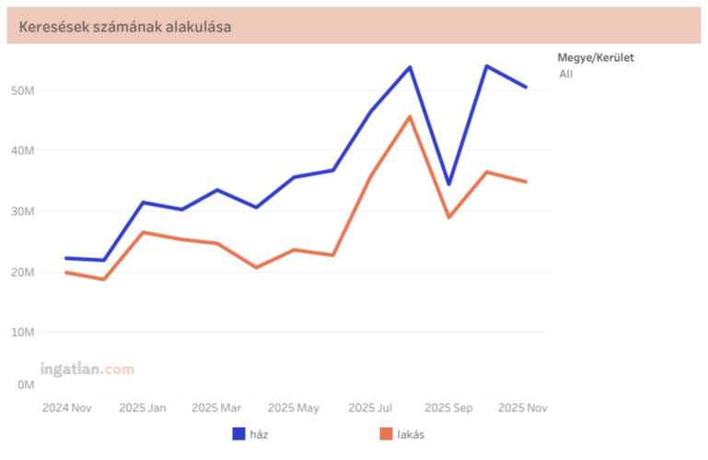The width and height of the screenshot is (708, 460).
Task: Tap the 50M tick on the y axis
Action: pyautogui.click(x=24, y=90)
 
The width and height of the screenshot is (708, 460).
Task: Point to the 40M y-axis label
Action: pyautogui.click(x=24, y=150)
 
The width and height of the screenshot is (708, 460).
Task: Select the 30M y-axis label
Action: pyautogui.click(x=24, y=211)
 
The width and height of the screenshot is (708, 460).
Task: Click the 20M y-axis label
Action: pyautogui.click(x=24, y=272)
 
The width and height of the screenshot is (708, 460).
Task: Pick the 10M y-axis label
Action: pyautogui.click(x=24, y=332)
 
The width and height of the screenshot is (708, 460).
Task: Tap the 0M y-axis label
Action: pyautogui.click(x=27, y=384)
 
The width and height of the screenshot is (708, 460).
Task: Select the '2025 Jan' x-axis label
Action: pyautogui.click(x=143, y=407)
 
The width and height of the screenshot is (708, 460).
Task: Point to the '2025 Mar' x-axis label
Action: pyautogui.click(x=218, y=407)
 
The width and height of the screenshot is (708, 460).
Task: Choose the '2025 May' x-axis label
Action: pyautogui.click(x=295, y=407)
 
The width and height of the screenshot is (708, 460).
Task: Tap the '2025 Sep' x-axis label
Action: pyautogui.click(x=448, y=407)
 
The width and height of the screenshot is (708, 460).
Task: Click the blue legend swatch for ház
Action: pyautogui.click(x=238, y=433)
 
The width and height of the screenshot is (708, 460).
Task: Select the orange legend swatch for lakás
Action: pyautogui.click(x=386, y=433)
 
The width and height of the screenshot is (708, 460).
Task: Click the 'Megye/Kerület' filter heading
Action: pyautogui.click(x=596, y=57)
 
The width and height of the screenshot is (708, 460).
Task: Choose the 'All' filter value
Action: pyautogui.click(x=565, y=74)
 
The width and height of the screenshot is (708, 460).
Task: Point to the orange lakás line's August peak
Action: pyautogui.click(x=410, y=116)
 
